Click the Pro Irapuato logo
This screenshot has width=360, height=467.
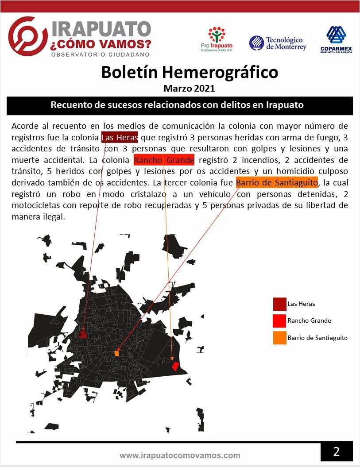[x=217, y=39]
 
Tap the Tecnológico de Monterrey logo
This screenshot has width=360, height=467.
[x=278, y=43]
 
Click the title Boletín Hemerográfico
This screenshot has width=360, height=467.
[x=190, y=72]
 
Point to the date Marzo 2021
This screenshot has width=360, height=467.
[x=189, y=88]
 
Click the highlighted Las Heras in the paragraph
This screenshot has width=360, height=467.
[x=120, y=137]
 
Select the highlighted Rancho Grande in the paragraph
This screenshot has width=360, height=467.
[x=164, y=159]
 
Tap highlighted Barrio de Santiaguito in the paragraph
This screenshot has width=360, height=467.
[x=277, y=182]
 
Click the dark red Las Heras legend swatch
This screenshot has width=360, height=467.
[x=279, y=304]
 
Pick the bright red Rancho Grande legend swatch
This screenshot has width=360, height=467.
[x=279, y=321]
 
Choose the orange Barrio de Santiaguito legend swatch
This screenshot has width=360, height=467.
[x=279, y=338]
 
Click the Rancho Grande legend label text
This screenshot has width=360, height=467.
[x=309, y=321]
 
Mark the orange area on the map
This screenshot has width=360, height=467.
[x=117, y=354]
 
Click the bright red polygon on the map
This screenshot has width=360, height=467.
[x=175, y=366]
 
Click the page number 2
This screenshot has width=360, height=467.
[x=337, y=452]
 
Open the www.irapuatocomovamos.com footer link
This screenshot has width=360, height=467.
[x=180, y=455]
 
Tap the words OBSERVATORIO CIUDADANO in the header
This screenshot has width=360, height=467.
[x=101, y=54]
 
